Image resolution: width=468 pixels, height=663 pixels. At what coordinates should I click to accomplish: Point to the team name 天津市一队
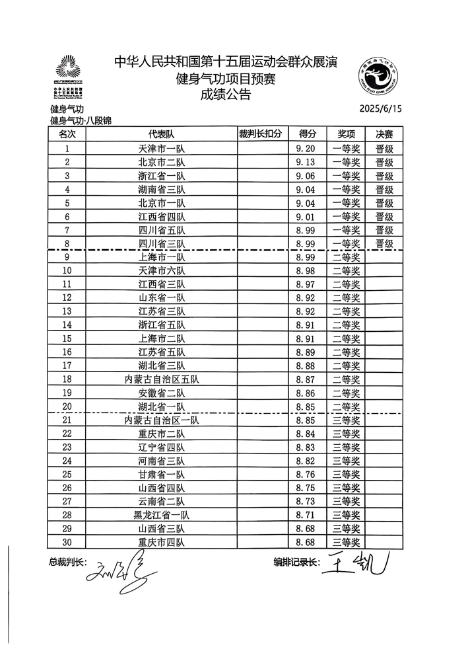(161, 149)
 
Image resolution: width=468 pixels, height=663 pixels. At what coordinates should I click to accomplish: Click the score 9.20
(307, 149)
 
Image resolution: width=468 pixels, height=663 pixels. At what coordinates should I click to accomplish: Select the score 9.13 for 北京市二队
(307, 163)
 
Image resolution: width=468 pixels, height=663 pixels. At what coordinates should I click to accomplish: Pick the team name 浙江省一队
(161, 176)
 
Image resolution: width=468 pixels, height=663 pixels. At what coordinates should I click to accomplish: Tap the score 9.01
(307, 217)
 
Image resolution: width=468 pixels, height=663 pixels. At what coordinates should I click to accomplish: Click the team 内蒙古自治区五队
(161, 379)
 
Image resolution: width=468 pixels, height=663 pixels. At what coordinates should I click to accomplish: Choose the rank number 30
(66, 543)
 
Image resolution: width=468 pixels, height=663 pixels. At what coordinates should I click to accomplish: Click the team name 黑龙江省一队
(161, 515)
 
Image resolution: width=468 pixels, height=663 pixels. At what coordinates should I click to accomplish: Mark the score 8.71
(307, 515)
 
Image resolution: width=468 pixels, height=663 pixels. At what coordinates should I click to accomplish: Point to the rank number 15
(66, 338)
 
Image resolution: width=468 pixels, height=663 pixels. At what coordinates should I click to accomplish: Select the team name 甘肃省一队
(161, 475)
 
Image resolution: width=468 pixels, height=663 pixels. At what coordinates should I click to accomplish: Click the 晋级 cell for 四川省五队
(384, 230)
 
